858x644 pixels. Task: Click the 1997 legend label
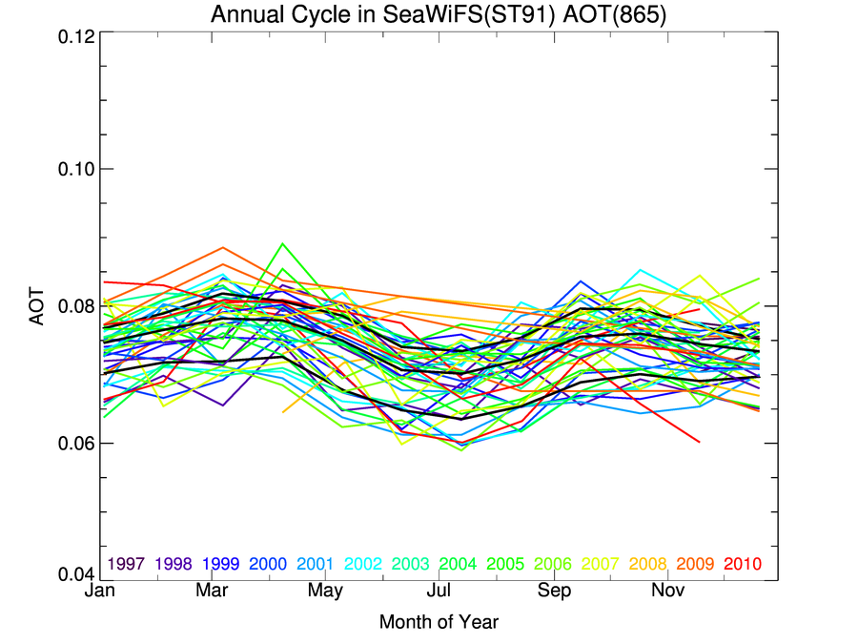point(126,564)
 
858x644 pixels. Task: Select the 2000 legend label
point(268,564)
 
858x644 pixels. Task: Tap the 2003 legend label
point(410,564)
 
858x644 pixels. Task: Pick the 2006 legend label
point(553,564)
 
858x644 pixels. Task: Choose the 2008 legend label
point(647,564)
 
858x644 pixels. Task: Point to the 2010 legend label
point(743,564)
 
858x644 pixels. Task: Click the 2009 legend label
point(695,564)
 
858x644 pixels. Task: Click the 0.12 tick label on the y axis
point(71,35)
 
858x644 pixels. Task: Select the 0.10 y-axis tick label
point(71,169)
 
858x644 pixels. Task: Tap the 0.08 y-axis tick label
point(71,306)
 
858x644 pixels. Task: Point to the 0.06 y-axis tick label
point(71,444)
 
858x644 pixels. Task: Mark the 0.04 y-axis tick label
point(71,574)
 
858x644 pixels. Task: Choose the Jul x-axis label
point(439,592)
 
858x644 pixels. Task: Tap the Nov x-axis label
point(667,592)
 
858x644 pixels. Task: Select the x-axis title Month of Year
point(439,622)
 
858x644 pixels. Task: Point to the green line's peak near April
point(282,243)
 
